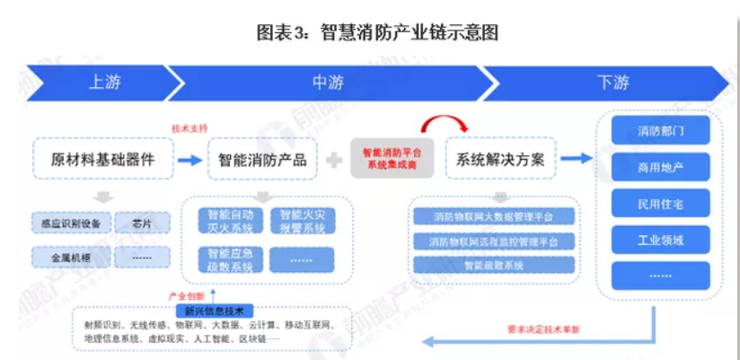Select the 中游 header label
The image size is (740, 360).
[x=328, y=83]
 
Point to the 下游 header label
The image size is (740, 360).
[x=612, y=83]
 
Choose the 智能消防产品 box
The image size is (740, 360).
[x=263, y=159]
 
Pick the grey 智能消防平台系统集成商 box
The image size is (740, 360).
[x=392, y=159]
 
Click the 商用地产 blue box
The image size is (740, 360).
[x=660, y=167]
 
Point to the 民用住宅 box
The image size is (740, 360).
[x=660, y=204]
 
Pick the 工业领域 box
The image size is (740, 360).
[x=660, y=240]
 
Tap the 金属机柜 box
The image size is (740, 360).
[x=67, y=257]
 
